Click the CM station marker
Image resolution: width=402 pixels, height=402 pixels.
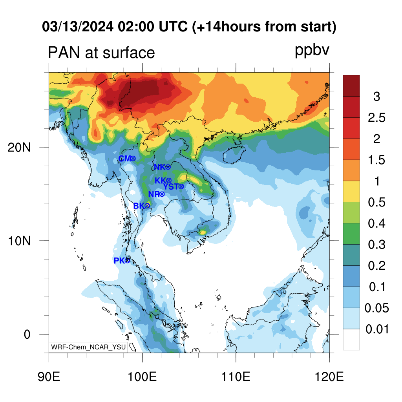point(133,158)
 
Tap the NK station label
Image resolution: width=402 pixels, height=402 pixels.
point(159,167)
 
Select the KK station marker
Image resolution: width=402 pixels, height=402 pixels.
point(169,181)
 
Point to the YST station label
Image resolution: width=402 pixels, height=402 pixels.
point(171,186)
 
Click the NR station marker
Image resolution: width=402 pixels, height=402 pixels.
point(161,194)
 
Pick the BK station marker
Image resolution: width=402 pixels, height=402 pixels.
point(147,206)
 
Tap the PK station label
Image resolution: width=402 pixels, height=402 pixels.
point(119,261)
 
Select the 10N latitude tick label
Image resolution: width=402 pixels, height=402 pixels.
point(19,241)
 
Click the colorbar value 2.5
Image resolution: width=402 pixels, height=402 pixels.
point(376,118)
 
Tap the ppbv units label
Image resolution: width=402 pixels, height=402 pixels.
point(312,51)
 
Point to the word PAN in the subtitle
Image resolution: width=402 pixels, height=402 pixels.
point(62,52)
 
